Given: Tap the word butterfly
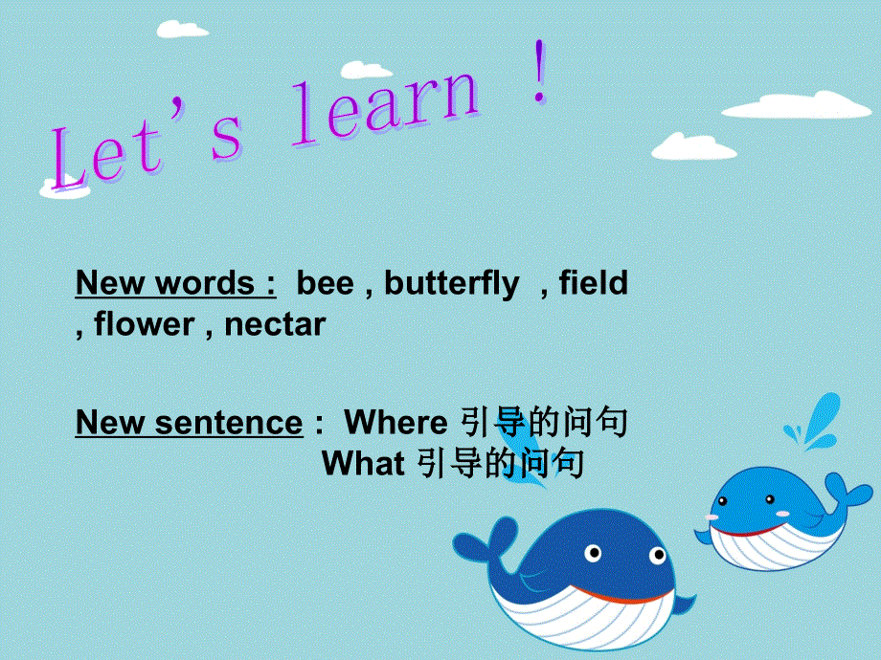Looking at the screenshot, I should click(452, 284).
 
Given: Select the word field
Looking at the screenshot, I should click(593, 284).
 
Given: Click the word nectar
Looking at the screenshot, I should click(275, 325).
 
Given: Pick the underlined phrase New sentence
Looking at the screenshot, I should click(189, 423).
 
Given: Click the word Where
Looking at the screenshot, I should click(395, 423).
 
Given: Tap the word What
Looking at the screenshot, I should click(363, 465).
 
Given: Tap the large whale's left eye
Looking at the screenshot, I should click(594, 553).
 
